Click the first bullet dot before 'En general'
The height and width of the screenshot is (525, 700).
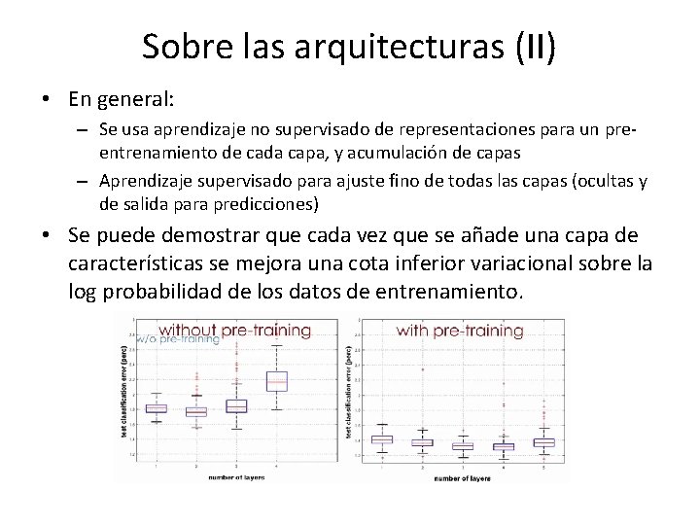47,100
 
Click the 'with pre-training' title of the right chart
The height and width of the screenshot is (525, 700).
460,331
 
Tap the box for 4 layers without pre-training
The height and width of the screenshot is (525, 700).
277,381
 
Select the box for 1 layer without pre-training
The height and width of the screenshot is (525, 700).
156,408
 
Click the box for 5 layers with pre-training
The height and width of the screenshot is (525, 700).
543,442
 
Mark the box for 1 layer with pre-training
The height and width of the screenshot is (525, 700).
383,439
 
